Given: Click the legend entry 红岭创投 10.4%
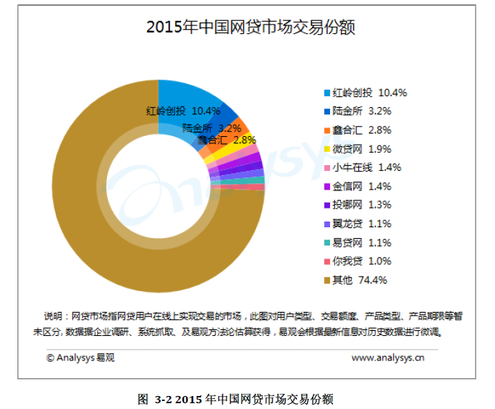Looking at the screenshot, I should tap(369, 93).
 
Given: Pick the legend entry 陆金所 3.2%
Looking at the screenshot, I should tap(361, 111).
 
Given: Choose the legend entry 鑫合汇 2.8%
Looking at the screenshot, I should tap(361, 130).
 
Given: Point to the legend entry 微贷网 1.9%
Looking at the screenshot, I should tap(361, 149).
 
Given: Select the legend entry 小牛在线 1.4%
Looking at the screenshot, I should tap(366, 167).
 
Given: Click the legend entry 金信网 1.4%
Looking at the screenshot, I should tap(361, 186).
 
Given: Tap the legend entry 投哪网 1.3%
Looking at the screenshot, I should tap(361, 205).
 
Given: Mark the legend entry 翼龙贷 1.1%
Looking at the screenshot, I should tap(361, 224).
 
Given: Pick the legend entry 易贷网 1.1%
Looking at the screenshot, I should tap(361, 243).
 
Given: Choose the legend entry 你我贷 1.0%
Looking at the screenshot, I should tap(361, 261).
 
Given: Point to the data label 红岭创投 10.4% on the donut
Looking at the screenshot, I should tap(183, 111).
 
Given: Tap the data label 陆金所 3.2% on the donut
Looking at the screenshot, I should tap(211, 128).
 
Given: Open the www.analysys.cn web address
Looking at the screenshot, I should tap(388, 357).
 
